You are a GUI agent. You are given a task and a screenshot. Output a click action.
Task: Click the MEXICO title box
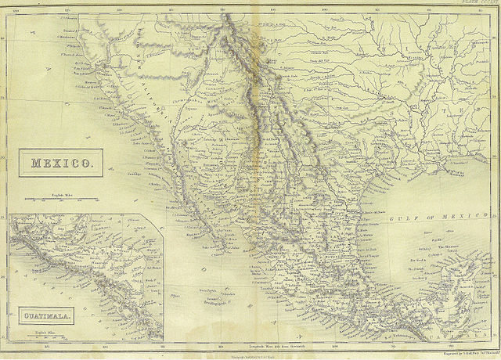[x=61, y=164]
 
